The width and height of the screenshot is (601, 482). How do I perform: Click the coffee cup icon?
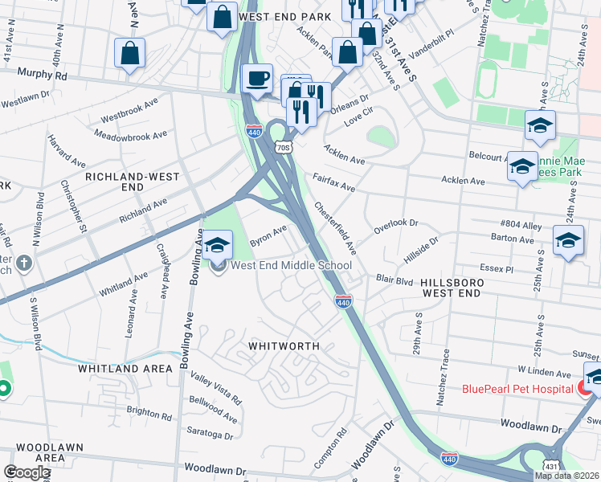(257, 79)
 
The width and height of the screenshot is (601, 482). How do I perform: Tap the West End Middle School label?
(292, 266)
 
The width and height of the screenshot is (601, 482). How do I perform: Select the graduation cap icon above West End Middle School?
(217, 244)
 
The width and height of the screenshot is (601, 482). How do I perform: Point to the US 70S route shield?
(281, 148)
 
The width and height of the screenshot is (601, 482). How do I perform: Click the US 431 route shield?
(550, 466)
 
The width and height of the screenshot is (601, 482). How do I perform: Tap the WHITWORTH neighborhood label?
(284, 346)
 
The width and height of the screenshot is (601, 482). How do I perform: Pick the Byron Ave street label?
(268, 235)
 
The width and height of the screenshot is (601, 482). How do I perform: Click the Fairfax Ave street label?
(333, 181)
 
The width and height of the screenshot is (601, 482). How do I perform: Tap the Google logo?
(27, 472)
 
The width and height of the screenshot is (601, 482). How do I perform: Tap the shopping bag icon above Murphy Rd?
(129, 54)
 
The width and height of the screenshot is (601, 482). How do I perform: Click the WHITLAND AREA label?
(125, 369)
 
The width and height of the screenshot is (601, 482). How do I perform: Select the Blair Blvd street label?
(394, 281)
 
